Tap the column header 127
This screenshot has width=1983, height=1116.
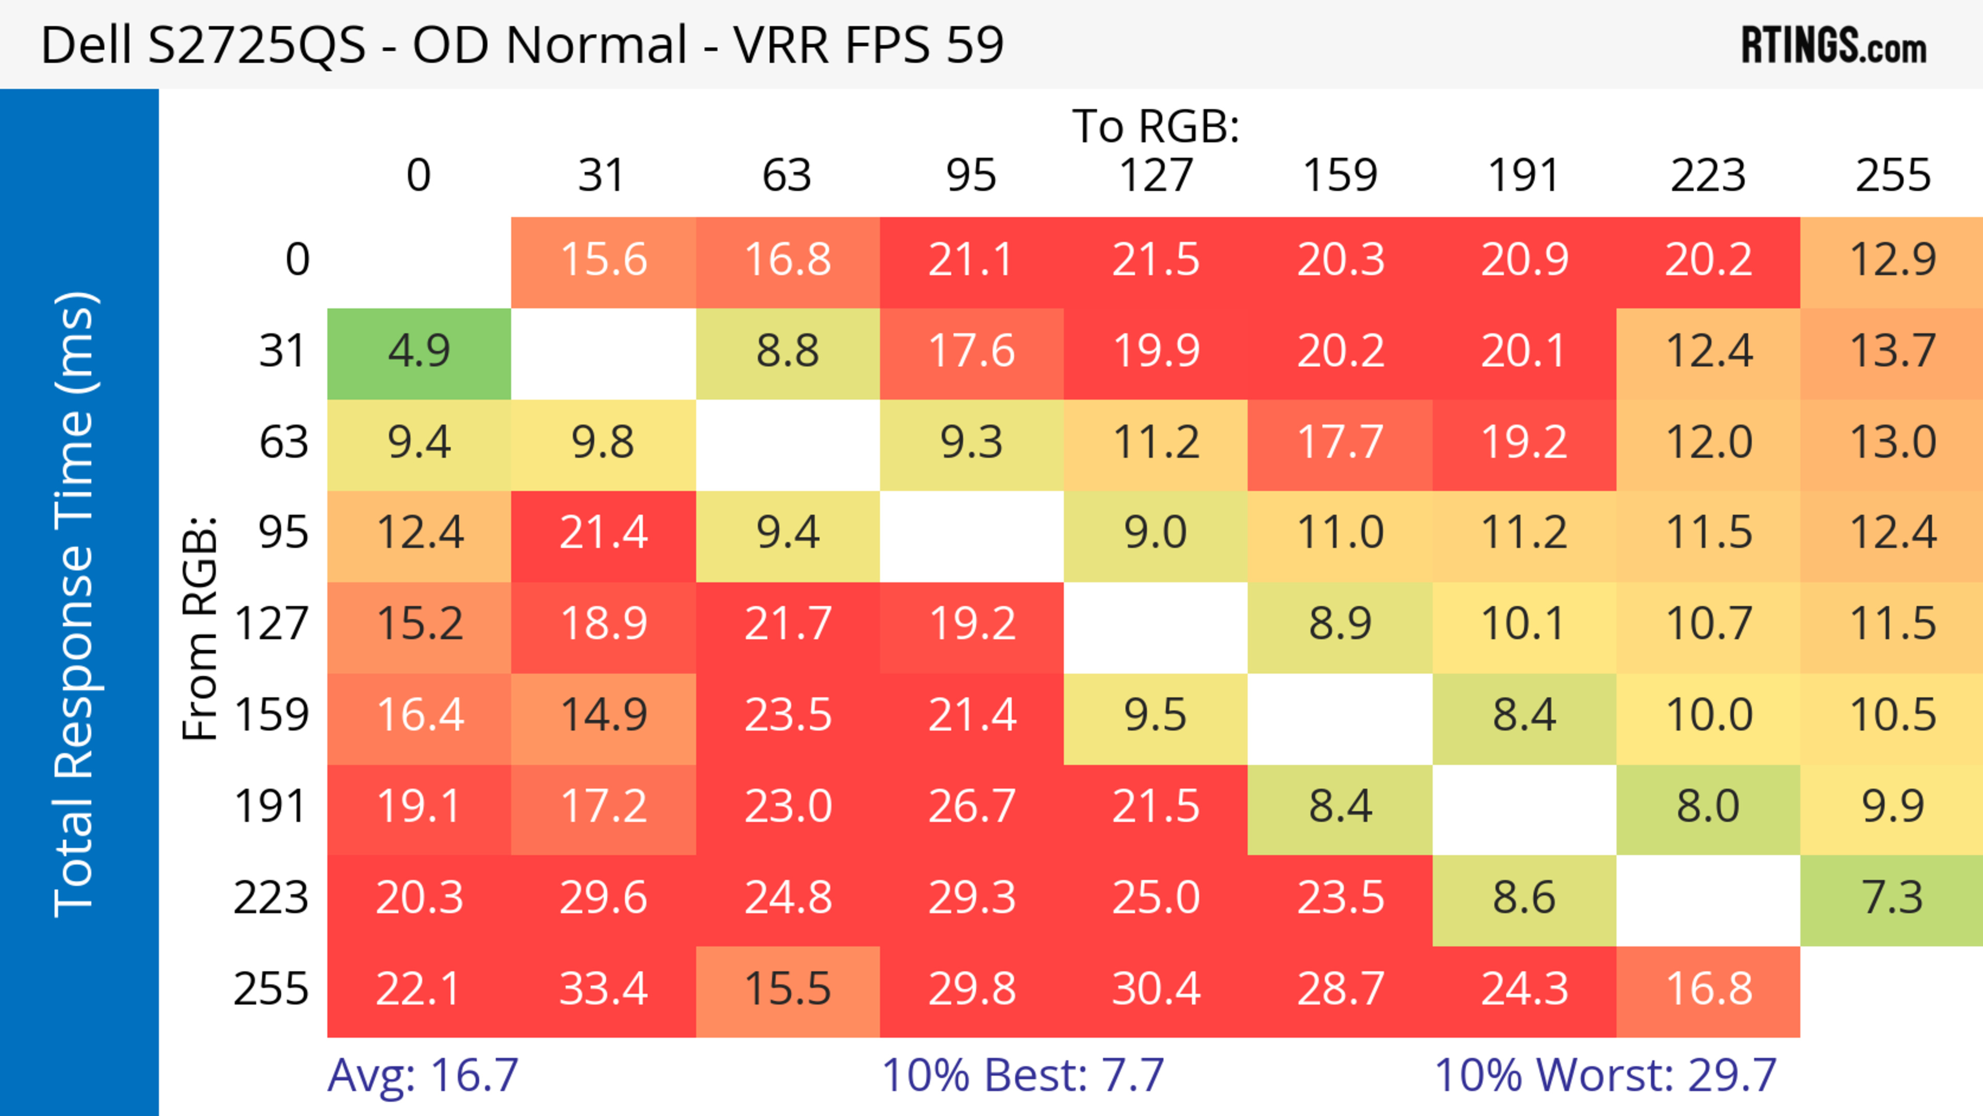click(1156, 176)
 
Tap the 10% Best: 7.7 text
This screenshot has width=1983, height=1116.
click(1022, 1075)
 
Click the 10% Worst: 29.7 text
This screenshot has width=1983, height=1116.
click(1605, 1075)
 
